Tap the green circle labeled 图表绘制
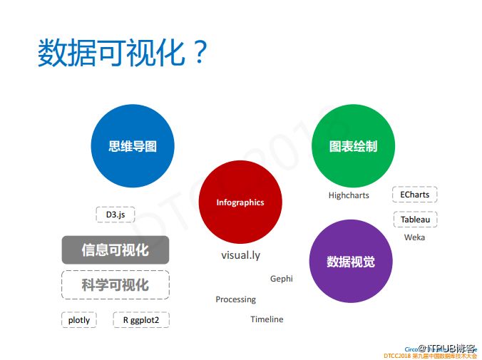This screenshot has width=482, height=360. click(353, 145)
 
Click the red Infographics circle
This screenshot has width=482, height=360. click(240, 202)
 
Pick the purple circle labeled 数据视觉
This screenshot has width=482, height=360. click(351, 261)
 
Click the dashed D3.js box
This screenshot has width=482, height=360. click(116, 215)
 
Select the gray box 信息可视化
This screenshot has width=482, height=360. click(116, 250)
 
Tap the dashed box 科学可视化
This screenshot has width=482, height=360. click(116, 284)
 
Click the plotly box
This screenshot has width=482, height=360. click(79, 320)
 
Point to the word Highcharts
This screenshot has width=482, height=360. click(349, 195)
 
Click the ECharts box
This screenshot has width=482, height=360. click(415, 194)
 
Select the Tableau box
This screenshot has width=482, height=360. click(415, 220)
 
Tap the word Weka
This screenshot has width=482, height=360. click(414, 237)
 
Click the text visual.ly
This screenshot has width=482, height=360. click(240, 254)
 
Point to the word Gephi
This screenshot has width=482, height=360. click(281, 279)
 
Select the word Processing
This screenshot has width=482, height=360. click(235, 299)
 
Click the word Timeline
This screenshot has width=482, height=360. click(267, 319)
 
